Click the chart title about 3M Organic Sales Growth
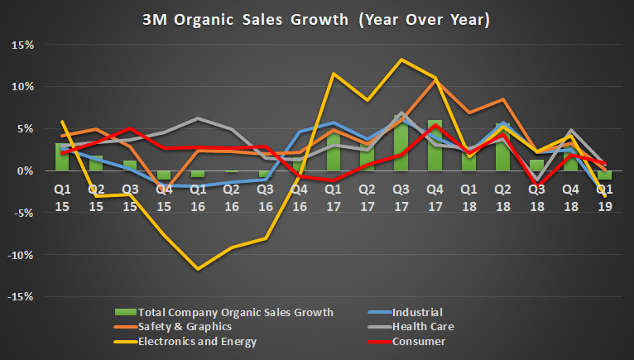point(317,19)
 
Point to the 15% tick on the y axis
point(22,45)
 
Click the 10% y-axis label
point(22,87)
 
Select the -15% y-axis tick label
point(21,296)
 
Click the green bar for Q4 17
point(435,146)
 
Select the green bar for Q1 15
point(61,156)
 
